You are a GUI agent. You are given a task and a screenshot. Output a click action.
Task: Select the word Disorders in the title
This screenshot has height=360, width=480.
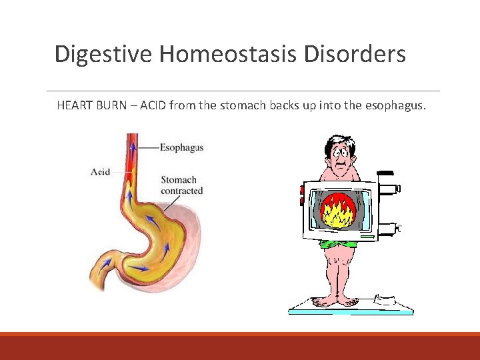coord(355,54)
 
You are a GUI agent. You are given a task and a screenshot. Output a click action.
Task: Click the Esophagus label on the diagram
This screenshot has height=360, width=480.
coord(181,147)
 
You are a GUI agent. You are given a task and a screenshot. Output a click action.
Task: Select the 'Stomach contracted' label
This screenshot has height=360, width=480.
coord(181,185)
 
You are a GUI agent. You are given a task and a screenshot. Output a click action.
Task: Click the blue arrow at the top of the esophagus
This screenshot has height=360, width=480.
coord(133,147)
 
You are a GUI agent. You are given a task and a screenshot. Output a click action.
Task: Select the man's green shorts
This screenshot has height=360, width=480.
coord(339,244)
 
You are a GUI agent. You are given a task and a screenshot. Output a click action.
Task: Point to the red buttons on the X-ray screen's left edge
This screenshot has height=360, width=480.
coord(302,195)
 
